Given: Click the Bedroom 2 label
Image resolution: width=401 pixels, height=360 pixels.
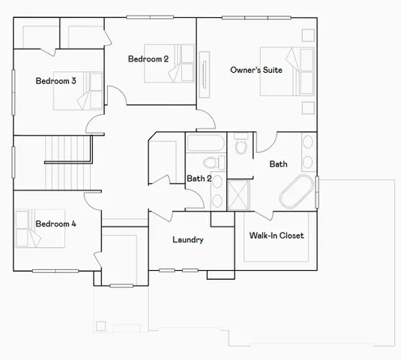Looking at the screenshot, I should (148, 58).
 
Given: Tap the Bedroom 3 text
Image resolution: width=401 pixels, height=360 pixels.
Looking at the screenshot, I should (55, 81).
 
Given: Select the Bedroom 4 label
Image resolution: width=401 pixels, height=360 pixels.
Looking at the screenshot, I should (55, 223).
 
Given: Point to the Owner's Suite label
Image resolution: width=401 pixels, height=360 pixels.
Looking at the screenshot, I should (256, 70).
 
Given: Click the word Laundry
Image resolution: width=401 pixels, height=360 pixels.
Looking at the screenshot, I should (187, 240).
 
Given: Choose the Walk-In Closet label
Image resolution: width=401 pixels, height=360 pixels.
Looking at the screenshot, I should (276, 235).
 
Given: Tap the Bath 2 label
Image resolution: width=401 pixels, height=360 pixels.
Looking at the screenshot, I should (198, 178).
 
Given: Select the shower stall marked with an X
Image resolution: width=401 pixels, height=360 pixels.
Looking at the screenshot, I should (239, 194).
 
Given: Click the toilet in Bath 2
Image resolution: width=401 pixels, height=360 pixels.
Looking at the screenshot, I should (211, 163).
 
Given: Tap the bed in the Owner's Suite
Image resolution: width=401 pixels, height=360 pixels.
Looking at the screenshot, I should (286, 71).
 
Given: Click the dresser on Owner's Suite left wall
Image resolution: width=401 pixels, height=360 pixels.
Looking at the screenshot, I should (205, 74).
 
